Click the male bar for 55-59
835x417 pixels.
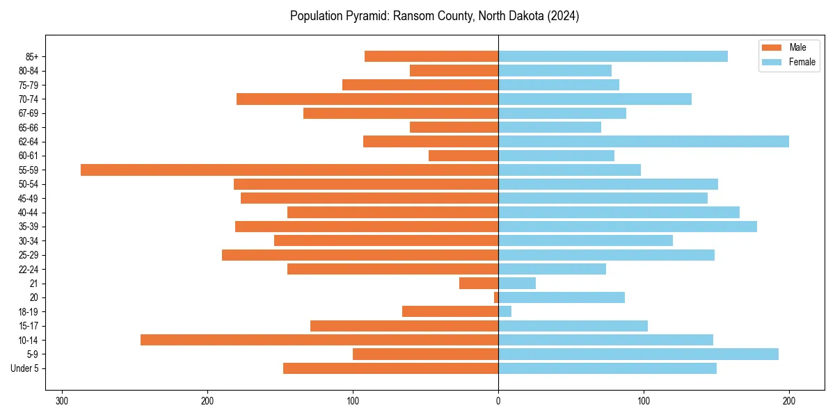click(289, 170)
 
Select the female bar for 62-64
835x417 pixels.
click(644, 141)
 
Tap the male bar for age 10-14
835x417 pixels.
click(319, 340)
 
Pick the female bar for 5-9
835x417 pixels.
click(638, 354)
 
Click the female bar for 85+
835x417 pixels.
click(612, 56)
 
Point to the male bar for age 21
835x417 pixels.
click(479, 283)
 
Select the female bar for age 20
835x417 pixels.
click(561, 297)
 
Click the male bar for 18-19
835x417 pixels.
click(450, 311)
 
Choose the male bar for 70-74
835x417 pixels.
click(367, 99)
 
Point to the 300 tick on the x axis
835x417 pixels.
click(62, 401)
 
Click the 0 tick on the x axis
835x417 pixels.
click(498, 401)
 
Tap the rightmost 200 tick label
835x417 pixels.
click(789, 401)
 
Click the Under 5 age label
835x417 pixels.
click(25, 368)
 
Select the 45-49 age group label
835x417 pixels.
click(29, 198)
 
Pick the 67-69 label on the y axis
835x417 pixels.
click(29, 113)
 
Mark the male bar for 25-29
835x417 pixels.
click(360, 255)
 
